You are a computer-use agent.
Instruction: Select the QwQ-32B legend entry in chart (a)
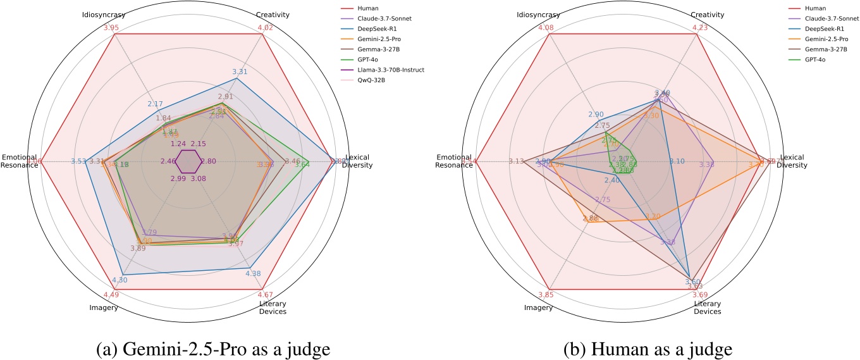pos(379,79)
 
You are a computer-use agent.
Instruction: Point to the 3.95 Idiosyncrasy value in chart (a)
pos(111,27)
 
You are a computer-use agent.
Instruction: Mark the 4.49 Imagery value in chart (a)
pos(111,295)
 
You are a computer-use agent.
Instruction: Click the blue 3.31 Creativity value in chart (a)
pos(239,71)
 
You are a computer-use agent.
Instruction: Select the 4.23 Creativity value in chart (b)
pos(699,27)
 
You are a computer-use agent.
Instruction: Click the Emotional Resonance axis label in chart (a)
pos(19,161)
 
